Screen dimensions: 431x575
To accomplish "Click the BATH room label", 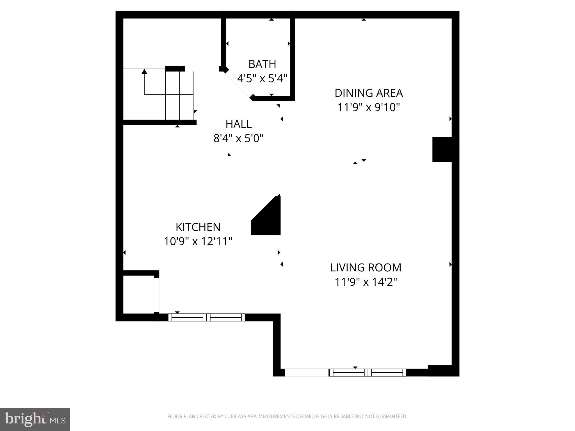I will (262, 64).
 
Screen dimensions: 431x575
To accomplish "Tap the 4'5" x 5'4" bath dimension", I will (262, 79).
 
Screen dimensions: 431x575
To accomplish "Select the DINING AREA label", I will (368, 93).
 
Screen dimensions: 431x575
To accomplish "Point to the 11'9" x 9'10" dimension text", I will (368, 107).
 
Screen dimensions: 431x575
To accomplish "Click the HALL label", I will (238, 124).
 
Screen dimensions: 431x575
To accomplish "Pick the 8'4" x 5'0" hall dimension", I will (238, 138).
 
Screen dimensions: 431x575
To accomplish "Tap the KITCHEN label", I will (198, 227).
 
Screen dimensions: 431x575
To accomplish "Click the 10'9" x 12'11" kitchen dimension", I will (198, 241).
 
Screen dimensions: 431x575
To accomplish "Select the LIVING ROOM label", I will (366, 268).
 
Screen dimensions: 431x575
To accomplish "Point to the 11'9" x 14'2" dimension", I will (366, 282).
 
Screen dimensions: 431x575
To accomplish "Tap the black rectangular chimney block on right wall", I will (442, 150).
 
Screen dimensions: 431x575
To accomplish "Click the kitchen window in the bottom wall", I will (206, 317).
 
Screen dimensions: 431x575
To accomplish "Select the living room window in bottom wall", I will (367, 373).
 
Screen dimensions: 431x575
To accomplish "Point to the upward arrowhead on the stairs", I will (144, 72).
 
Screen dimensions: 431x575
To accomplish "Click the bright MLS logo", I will (35, 419).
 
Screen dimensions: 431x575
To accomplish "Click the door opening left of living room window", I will (306, 373).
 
